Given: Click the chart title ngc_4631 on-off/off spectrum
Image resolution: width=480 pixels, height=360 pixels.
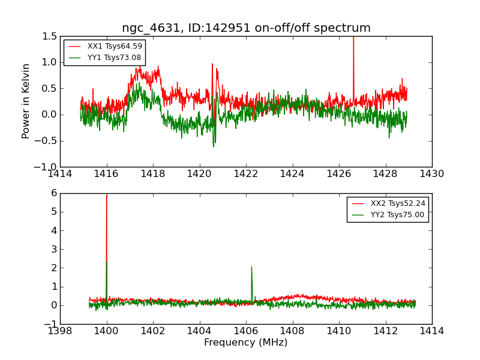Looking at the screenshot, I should coord(246,28).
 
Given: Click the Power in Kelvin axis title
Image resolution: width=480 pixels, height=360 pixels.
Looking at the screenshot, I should coord(26,101).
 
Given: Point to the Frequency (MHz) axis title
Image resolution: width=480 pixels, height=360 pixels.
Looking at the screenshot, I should coord(246,343).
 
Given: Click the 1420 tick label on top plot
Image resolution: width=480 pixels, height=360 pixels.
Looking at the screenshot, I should coord(199,174).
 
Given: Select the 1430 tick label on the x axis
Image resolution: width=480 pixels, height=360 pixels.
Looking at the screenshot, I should coord(431,174).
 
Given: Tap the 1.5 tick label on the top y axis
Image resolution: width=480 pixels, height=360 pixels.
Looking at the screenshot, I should coord(49,37).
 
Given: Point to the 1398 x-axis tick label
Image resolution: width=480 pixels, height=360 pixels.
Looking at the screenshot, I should coord(60,331).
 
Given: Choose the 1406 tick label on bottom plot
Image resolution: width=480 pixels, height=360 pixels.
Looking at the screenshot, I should coord(245,331).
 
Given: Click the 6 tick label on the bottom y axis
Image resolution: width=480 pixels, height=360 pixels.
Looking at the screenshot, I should coord(53,193).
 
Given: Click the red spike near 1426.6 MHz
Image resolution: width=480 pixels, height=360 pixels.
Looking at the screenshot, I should coord(353,60).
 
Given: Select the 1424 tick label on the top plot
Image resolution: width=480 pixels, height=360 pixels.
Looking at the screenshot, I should coord(292,174).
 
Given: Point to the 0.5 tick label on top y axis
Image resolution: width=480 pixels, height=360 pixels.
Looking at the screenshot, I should coord(49,89).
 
